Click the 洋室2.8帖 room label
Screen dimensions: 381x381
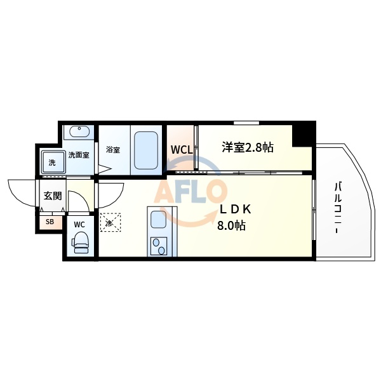click(x=248, y=147)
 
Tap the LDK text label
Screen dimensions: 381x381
click(x=236, y=209)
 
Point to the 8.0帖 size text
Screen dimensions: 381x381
click(x=233, y=225)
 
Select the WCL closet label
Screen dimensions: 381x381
click(x=181, y=150)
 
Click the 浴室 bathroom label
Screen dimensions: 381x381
click(x=113, y=150)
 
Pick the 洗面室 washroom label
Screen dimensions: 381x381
click(x=78, y=154)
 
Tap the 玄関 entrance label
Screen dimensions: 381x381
click(x=51, y=196)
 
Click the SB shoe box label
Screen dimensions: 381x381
click(x=50, y=222)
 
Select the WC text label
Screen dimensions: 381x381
click(x=79, y=224)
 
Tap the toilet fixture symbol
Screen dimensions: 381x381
click(x=80, y=241)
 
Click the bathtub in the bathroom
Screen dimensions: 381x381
click(x=145, y=150)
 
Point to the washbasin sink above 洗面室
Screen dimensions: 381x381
click(x=80, y=133)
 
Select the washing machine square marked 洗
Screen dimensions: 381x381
click(x=51, y=163)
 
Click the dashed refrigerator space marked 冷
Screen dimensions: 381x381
click(x=109, y=223)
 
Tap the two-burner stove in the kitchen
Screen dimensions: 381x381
click(x=157, y=246)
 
